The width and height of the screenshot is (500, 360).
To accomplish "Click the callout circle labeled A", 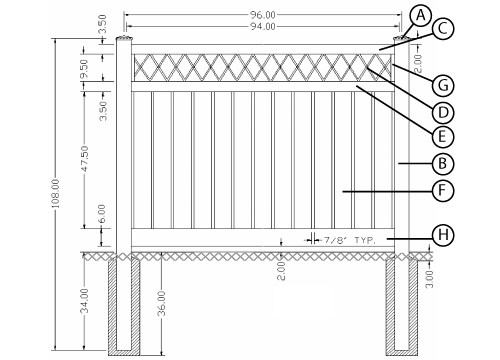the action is click(421, 16).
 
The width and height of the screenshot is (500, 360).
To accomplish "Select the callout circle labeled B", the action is click(443, 163).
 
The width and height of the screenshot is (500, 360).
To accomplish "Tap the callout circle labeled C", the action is click(443, 29).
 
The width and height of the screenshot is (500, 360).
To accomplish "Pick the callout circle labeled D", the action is click(443, 112).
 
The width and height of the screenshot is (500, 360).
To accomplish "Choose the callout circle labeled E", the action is click(443, 136).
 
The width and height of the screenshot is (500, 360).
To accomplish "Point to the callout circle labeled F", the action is click(443, 190).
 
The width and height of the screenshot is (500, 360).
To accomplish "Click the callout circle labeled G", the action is click(443, 85).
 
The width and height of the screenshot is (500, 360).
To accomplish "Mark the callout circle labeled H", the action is click(443, 235).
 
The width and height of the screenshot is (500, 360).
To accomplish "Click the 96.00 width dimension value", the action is click(263, 15).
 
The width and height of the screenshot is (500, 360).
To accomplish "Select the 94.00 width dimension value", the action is click(263, 26).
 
